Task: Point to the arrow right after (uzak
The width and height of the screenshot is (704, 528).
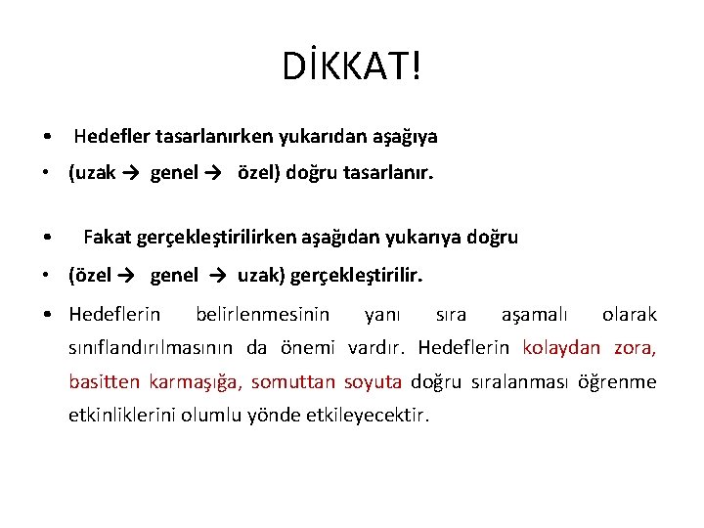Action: click(x=130, y=174)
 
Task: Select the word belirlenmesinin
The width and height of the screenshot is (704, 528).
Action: click(x=262, y=315)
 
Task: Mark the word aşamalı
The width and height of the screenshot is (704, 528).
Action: click(x=534, y=315)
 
